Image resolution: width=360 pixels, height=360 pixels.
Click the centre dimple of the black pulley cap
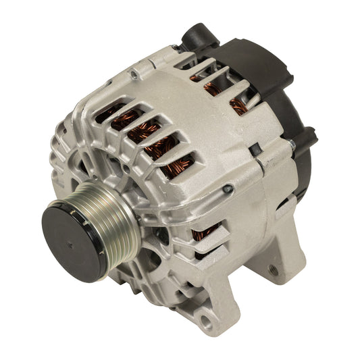click(x=72, y=240)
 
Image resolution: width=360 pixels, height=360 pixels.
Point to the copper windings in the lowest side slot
click(x=201, y=235)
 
